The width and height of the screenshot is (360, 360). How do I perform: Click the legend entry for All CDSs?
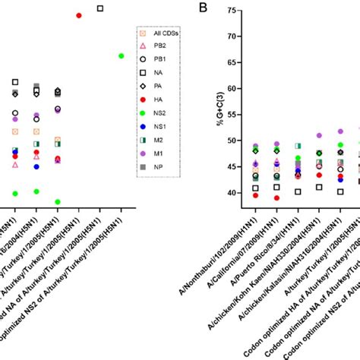[x=159, y=33]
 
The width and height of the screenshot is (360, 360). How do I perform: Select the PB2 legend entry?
[x=159, y=47]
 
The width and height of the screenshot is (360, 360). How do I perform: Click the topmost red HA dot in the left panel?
[x=79, y=15]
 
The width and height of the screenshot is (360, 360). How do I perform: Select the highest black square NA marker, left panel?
[x=100, y=8]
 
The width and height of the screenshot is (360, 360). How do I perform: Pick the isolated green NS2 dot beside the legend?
[x=121, y=55]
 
